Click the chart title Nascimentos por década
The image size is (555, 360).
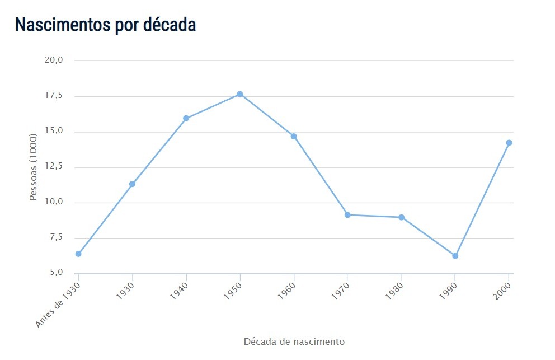tap(105, 25)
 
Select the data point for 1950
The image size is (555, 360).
tap(240, 94)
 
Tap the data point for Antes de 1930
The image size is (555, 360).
tap(78, 254)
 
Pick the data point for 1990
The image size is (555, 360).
tap(455, 256)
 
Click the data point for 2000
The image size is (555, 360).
tap(509, 143)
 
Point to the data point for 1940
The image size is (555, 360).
tap(186, 118)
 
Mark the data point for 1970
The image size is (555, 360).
tap(347, 215)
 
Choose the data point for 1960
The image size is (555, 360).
tap(294, 136)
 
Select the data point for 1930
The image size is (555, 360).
tap(132, 184)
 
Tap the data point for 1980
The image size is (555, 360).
tap(401, 217)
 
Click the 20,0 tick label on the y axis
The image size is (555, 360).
tap(54, 60)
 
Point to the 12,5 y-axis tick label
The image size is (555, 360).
tap(54, 167)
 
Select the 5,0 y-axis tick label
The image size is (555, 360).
tap(55, 273)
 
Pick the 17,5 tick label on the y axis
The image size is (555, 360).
tap(54, 96)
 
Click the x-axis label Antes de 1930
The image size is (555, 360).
tap(59, 304)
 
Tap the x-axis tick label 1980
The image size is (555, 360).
tap(393, 291)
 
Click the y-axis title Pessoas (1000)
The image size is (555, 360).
tap(33, 167)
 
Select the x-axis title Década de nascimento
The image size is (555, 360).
tap(294, 341)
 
